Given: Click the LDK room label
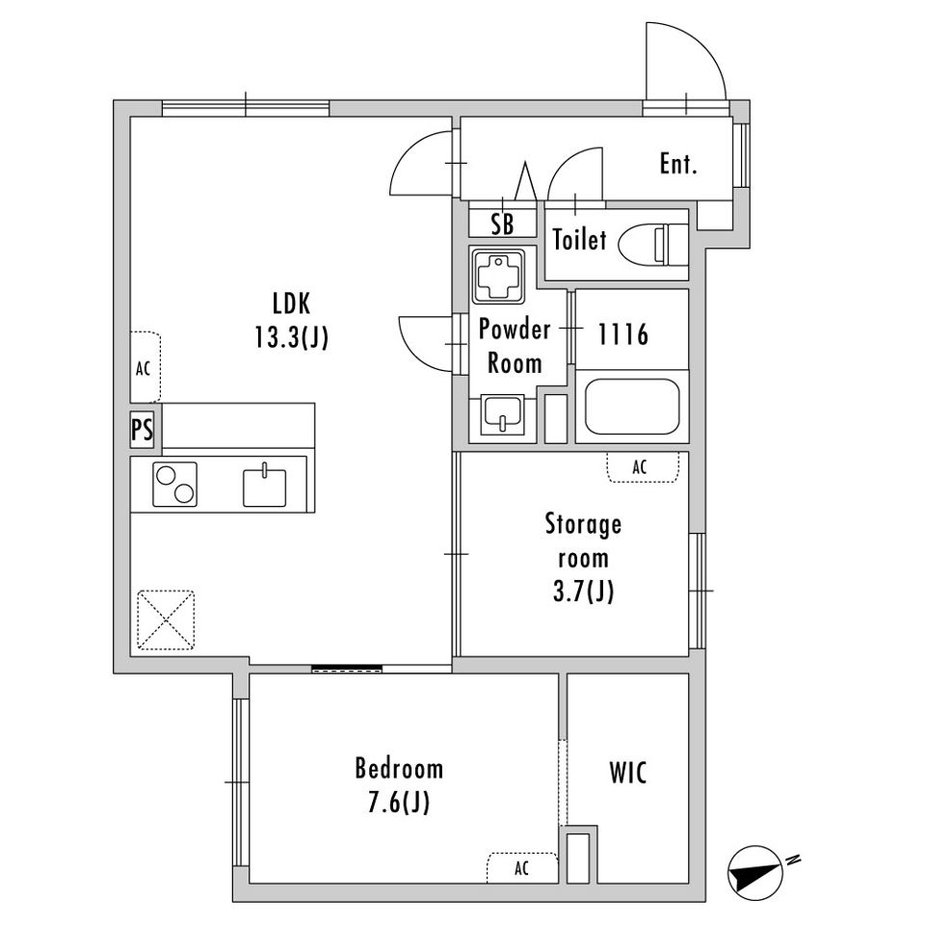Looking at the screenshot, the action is click(x=291, y=304).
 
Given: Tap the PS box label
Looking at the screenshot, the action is click(x=143, y=430).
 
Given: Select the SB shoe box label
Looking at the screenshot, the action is click(x=503, y=225).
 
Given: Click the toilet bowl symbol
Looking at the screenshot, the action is click(x=652, y=243).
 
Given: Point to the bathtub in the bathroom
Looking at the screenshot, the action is click(x=632, y=407).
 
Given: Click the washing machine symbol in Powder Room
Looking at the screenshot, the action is click(x=498, y=277).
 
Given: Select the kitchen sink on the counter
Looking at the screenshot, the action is click(x=265, y=486).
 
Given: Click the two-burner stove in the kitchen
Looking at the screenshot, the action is click(x=174, y=485).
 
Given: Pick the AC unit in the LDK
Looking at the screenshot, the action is click(x=145, y=367).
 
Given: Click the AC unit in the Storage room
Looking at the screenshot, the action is click(x=643, y=467).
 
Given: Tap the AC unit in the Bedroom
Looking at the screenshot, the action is click(x=522, y=868).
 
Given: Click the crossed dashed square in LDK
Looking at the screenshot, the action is click(x=166, y=620).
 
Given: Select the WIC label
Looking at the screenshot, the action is click(x=628, y=773).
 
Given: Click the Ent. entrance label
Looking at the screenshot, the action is click(x=678, y=164).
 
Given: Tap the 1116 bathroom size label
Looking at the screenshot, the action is click(x=623, y=334).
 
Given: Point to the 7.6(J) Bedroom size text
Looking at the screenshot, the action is click(x=399, y=803).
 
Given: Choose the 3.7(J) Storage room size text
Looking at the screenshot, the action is click(x=584, y=591).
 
